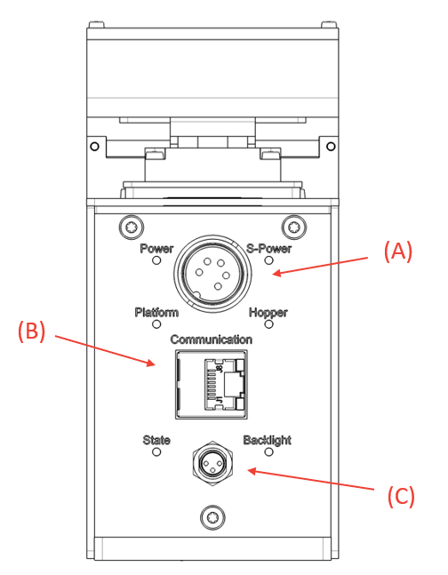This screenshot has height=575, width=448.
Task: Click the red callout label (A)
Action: (397, 252)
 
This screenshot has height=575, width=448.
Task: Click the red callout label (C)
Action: (400, 496)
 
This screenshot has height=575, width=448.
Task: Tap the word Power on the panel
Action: (156, 249)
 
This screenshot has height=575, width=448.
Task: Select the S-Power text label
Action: (268, 249)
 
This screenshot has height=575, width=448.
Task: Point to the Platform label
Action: (156, 312)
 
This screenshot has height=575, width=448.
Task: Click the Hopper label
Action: (268, 312)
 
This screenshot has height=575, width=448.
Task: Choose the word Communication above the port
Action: (211, 339)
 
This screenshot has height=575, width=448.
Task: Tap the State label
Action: (156, 440)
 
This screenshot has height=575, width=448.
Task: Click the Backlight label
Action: (267, 440)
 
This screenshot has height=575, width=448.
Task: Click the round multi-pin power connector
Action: (212, 276)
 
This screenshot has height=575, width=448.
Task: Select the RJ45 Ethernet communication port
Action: (212, 382)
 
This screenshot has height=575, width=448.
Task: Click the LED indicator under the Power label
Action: (156, 261)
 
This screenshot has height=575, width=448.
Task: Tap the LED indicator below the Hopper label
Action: (268, 324)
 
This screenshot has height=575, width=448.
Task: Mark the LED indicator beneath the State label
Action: (156, 452)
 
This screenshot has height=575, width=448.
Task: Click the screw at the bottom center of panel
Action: (212, 515)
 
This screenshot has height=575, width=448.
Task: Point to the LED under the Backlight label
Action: (268, 452)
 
